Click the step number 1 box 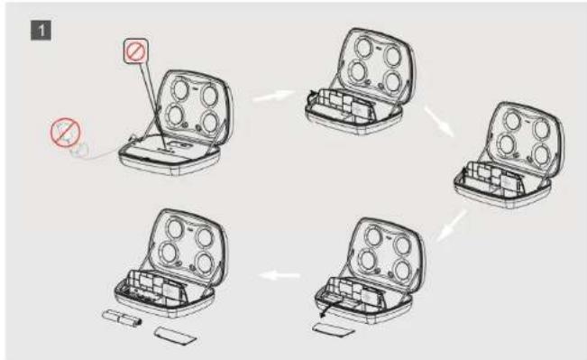(41, 31)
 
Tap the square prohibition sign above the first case (136, 51)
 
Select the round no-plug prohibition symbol (66, 133)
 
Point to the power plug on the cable (80, 150)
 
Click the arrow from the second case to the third (439, 121)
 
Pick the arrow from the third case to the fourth (452, 226)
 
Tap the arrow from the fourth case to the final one (280, 276)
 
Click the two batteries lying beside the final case (122, 318)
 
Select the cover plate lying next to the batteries (175, 336)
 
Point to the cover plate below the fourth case (334, 330)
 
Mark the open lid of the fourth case (386, 253)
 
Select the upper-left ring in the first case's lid (180, 89)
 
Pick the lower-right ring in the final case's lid (206, 263)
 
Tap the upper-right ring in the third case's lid (542, 128)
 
